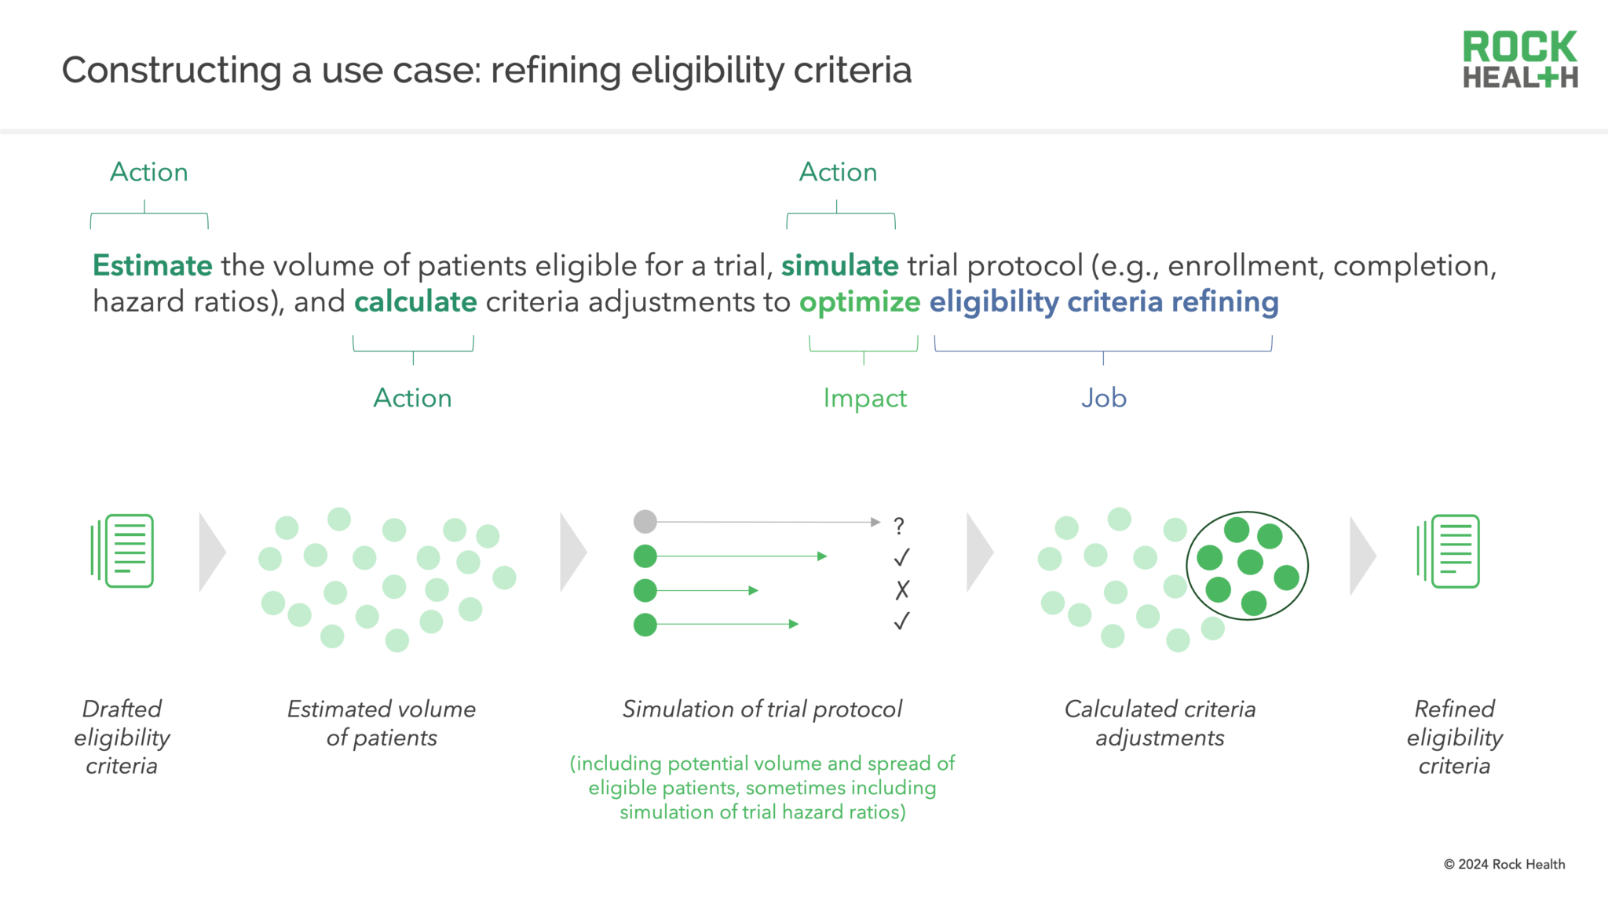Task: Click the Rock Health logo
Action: pos(1520,59)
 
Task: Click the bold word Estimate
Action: pos(152,266)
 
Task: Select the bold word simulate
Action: pos(839,266)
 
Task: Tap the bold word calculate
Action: pos(415,302)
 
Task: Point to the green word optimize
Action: pos(860,302)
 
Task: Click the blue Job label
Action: pos(1103,398)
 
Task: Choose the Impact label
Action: pos(864,398)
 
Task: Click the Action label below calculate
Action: pos(412,398)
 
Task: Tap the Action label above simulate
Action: pos(838,172)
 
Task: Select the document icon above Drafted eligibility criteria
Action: pos(123,551)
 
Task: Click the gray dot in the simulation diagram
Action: pos(645,521)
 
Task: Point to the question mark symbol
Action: pos(899,525)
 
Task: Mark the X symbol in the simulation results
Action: pos(902,589)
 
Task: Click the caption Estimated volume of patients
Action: pos(382,723)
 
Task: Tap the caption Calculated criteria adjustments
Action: pos(1160,723)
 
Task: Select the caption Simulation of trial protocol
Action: pos(762,709)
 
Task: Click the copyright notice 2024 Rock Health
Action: pos(1504,864)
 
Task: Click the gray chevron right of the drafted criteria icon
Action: pos(212,552)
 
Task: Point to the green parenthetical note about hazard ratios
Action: pos(762,787)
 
